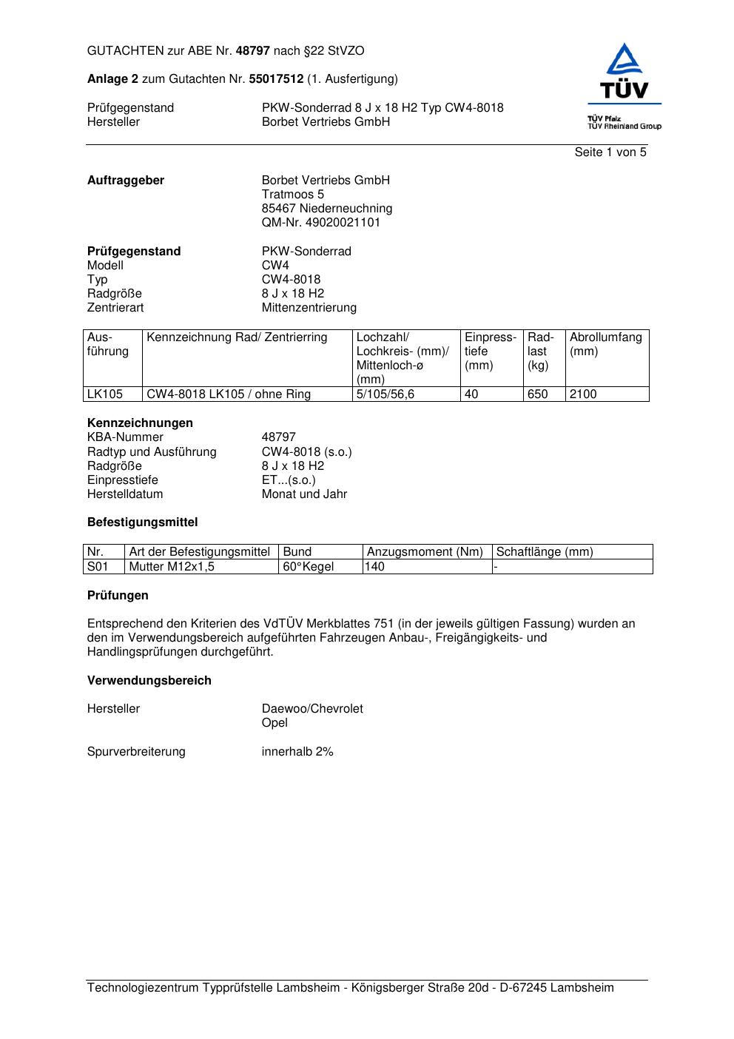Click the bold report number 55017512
click(276, 79)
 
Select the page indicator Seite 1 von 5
click(610, 152)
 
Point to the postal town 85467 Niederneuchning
click(326, 209)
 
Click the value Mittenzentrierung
click(309, 308)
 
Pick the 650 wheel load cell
click(538, 394)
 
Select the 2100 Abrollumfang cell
click(583, 394)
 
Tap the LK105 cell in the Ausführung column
click(105, 394)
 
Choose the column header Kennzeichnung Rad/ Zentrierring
click(237, 338)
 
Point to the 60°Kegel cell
click(308, 567)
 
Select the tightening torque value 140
click(375, 567)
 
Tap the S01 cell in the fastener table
click(98, 567)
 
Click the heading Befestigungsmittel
click(142, 522)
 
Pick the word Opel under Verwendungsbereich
click(275, 723)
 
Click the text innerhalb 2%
click(297, 752)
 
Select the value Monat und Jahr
click(303, 494)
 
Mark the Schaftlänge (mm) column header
click(545, 552)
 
